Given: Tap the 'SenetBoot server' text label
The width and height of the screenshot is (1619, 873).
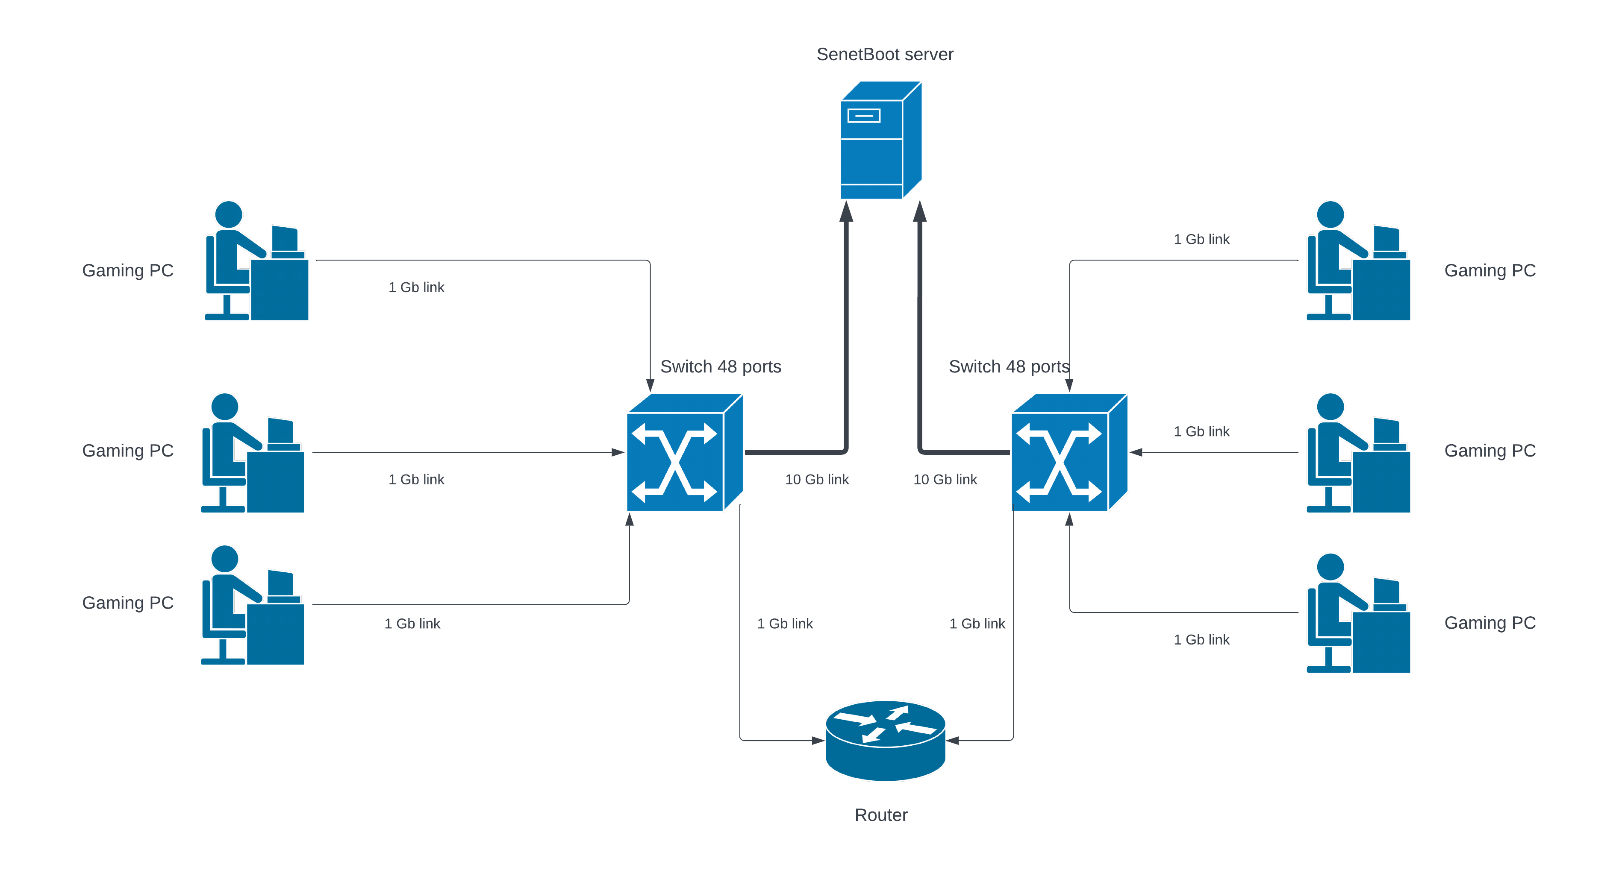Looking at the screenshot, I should [884, 55].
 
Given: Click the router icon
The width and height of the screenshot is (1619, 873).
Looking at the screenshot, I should [885, 741].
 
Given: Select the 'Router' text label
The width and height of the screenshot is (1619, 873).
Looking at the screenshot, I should [880, 815].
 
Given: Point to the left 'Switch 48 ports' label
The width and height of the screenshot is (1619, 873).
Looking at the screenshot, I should [720, 367].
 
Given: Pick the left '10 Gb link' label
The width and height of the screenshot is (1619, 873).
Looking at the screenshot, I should [816, 480].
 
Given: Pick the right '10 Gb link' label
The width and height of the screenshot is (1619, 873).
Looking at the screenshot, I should [945, 480].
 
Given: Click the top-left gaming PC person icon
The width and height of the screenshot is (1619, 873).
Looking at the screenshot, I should [256, 261].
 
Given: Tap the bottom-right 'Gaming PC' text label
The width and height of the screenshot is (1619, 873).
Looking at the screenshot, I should [1489, 623].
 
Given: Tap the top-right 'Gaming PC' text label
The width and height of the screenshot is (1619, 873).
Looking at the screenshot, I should [1489, 271].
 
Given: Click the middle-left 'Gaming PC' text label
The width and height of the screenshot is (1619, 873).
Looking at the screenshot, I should [128, 451].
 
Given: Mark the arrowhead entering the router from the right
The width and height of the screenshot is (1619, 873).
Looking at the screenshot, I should [953, 741].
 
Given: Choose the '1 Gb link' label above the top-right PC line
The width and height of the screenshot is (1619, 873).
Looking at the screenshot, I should [1201, 239].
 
